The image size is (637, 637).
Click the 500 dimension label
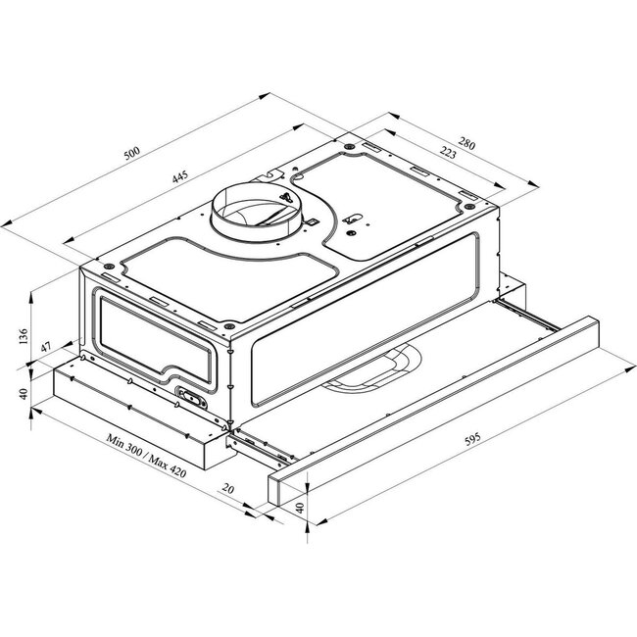point(131,153)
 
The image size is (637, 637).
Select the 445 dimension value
point(180,176)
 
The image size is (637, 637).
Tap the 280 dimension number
point(466,143)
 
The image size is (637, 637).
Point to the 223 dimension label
point(448,153)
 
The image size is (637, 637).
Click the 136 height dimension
point(24,336)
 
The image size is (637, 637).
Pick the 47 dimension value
point(45,347)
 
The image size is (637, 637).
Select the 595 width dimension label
point(472,439)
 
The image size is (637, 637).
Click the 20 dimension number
point(228,489)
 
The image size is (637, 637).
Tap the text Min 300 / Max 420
point(146,455)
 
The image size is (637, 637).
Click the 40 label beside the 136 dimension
point(24,394)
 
